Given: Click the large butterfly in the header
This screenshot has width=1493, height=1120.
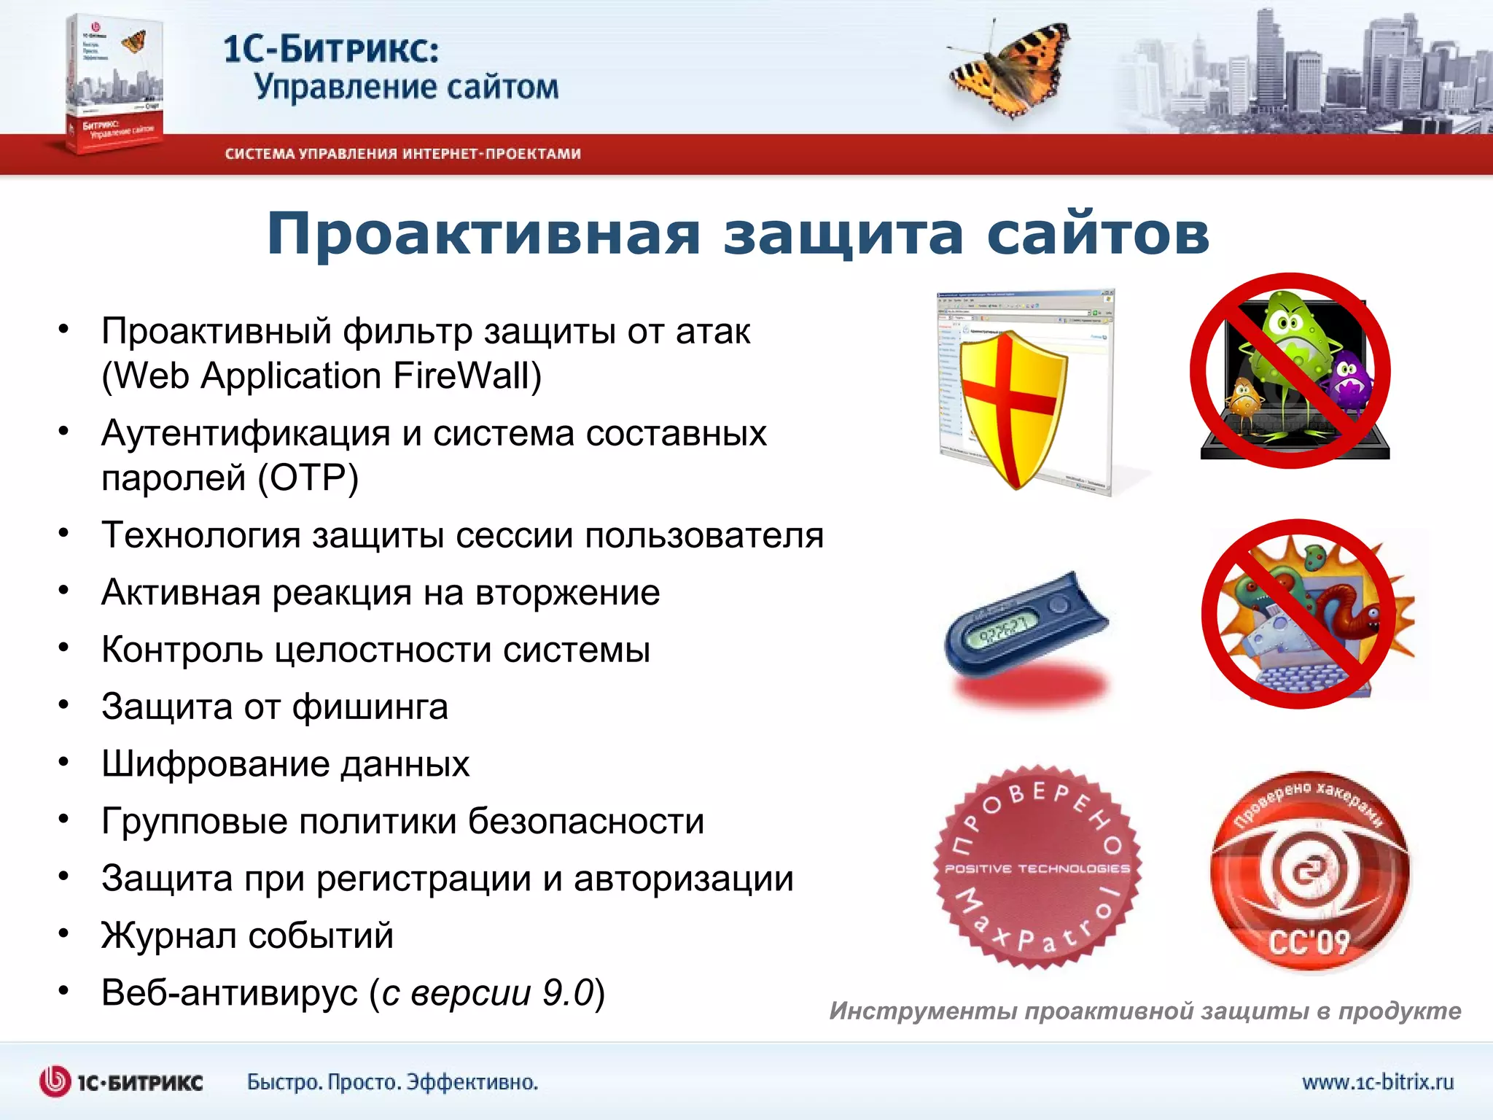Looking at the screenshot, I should tap(1010, 69).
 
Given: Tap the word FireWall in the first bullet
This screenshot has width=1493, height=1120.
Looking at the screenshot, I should tap(467, 376).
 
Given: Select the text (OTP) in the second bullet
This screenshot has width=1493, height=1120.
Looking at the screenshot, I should tap(308, 478).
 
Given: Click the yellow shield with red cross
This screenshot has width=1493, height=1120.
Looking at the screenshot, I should tap(1012, 408).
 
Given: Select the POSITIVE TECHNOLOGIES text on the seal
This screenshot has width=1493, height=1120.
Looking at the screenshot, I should tap(1037, 868).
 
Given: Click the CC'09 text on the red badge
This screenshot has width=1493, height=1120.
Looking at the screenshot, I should tap(1309, 941).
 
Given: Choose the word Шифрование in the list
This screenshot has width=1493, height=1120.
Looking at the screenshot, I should tap(216, 764).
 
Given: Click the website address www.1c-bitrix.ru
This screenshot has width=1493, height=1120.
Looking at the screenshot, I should tap(1378, 1081).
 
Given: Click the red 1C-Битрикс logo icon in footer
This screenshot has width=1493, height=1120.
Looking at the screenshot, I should tap(55, 1081).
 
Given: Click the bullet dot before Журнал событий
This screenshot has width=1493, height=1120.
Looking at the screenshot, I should tap(64, 933).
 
